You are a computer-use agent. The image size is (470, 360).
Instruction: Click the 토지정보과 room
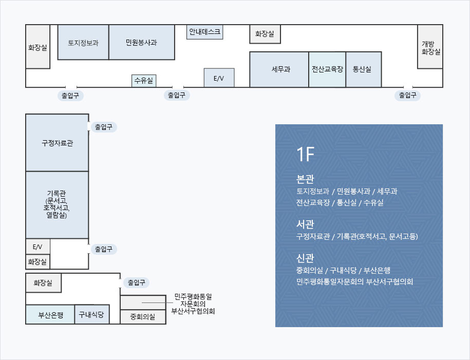83,42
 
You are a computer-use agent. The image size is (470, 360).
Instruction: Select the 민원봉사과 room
141,42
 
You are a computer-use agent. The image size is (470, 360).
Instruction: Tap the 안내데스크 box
204,32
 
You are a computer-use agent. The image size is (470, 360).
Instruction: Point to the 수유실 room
144,81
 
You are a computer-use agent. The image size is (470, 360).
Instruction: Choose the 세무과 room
279,69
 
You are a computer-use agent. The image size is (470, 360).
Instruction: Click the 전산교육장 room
327,69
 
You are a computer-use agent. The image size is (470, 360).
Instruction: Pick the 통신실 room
363,69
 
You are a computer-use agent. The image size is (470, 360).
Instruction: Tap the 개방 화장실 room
430,47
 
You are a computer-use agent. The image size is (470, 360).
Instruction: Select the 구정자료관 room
57,143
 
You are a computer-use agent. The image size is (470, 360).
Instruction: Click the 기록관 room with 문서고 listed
57,204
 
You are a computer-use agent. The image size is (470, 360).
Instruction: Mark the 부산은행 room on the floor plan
50,315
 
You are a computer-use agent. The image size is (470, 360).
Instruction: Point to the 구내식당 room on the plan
91,314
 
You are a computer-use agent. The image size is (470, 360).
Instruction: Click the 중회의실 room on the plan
143,317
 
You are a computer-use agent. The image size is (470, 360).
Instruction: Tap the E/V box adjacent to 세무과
219,78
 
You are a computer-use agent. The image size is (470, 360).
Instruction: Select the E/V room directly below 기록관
37,247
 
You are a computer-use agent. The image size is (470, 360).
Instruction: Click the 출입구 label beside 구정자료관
103,127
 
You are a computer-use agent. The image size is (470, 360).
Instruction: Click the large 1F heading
305,154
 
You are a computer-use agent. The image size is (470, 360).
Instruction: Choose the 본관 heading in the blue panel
305,179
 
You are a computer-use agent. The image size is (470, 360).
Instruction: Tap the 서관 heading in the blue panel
305,224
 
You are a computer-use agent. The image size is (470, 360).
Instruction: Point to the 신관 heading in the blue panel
305,258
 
